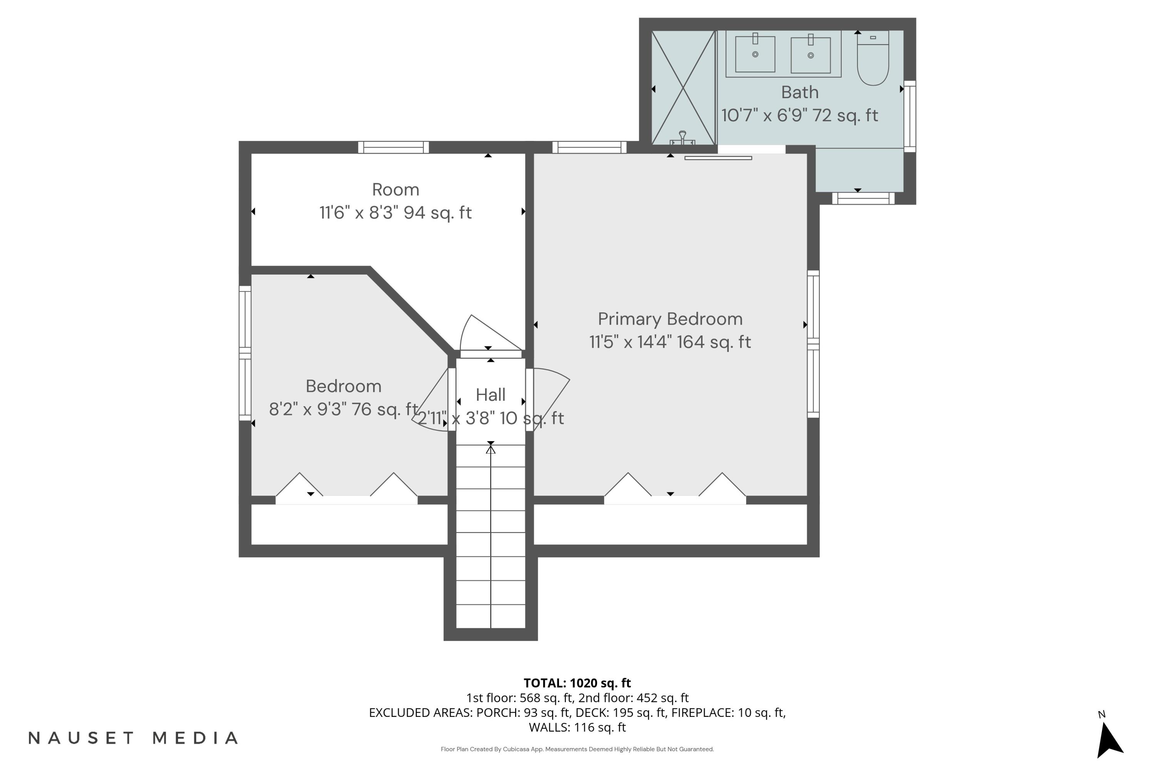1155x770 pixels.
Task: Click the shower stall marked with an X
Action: tap(683, 89)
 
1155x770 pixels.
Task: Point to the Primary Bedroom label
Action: tap(670, 319)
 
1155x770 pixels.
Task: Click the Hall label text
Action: tap(490, 395)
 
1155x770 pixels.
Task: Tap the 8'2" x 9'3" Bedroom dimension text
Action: tap(343, 409)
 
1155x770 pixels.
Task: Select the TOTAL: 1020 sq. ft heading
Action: tap(577, 683)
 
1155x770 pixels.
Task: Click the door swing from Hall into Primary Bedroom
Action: tap(550, 393)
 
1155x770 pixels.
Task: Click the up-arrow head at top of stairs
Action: tap(490, 449)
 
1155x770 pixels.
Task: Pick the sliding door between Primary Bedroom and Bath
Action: tap(718, 157)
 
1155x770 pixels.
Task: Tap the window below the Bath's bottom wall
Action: tap(863, 198)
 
